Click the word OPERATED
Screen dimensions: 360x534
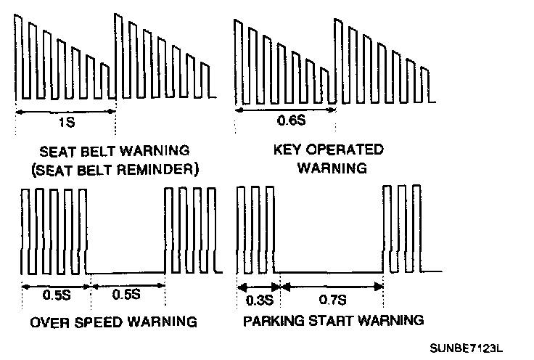click(340, 152)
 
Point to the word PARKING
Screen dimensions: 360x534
click(271, 320)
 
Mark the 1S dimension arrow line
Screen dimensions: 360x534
click(65, 111)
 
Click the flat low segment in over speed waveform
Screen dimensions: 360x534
click(126, 273)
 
